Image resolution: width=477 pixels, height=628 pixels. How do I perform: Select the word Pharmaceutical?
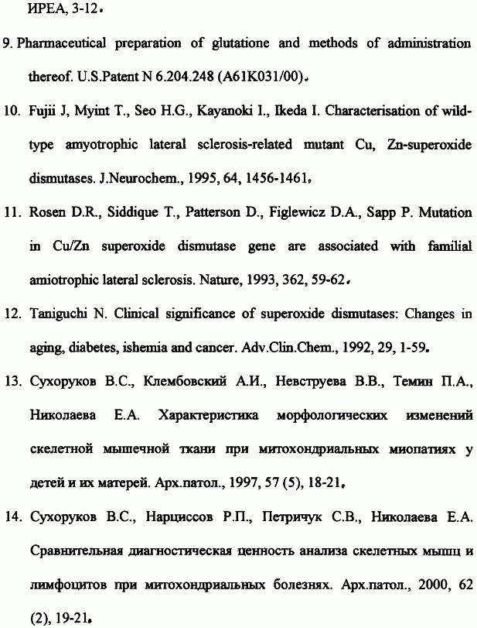coord(60,43)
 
